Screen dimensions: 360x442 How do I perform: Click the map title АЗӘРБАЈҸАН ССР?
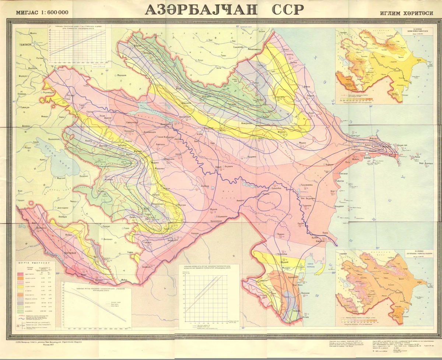pos(224,10)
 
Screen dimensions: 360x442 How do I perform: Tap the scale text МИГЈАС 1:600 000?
pos(42,12)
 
